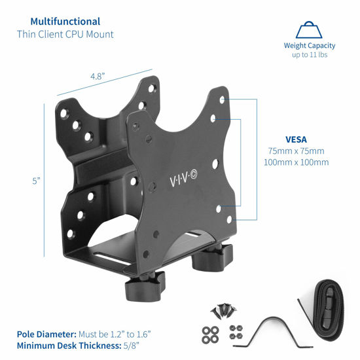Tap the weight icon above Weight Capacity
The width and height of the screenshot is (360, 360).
point(310,30)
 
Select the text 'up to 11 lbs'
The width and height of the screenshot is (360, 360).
point(310,55)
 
